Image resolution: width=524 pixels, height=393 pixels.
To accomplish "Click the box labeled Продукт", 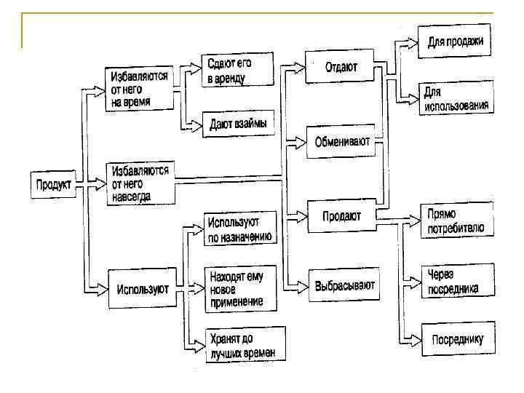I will pos(53,185).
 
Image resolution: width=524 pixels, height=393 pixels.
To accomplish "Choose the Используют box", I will pos(142,289).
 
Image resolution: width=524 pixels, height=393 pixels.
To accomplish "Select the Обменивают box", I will pos(343,142).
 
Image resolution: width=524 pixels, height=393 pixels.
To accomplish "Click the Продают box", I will pos(343,215).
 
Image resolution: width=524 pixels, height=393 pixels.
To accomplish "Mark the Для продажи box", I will pos(456,42).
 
